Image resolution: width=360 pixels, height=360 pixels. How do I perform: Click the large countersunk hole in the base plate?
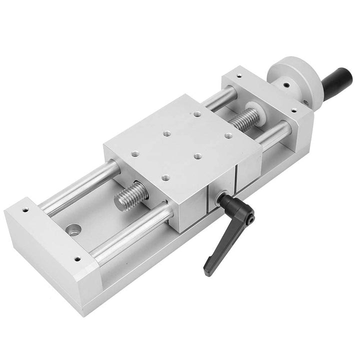(x=73, y=229)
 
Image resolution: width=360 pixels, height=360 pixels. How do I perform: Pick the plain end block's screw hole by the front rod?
(x=77, y=259)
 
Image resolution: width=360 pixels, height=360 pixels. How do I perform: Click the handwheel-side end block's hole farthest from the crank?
(x=238, y=76)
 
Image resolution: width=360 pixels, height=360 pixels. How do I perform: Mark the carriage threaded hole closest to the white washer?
(x=228, y=135)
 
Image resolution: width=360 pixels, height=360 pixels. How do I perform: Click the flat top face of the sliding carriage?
(x=180, y=140)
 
